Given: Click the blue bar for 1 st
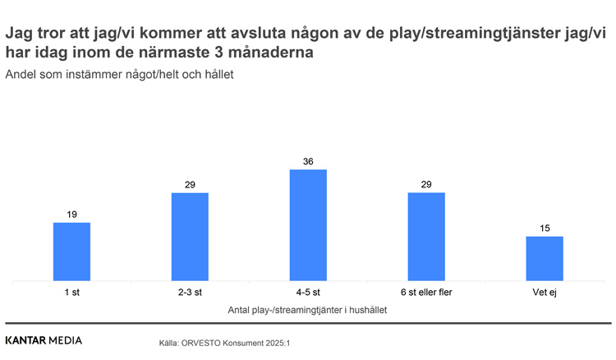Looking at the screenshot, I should pos(71,252).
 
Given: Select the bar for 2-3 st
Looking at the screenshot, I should pos(190,237).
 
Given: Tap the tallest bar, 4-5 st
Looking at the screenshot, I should pos(308,225).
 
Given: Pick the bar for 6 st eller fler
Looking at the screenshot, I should pos(426,237).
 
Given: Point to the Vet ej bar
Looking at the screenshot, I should pos(545,258).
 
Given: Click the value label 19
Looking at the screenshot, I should pos(71,215).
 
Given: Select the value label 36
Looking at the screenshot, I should pos(308,162).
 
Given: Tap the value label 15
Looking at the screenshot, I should pos(545,228).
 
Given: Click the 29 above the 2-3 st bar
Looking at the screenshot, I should pos(190,185).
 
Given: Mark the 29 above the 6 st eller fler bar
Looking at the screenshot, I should pos(426,185).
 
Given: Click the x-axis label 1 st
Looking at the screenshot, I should pos(71,293).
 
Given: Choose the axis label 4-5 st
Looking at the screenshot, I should pos(308,293).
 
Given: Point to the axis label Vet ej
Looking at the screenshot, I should pos(545,293).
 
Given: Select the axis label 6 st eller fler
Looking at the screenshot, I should pos(426,293).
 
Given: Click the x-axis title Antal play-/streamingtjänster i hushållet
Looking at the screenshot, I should pos(307,310).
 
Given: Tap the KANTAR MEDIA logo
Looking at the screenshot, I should pos(44,340).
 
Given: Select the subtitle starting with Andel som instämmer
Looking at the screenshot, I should pos(120,75).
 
